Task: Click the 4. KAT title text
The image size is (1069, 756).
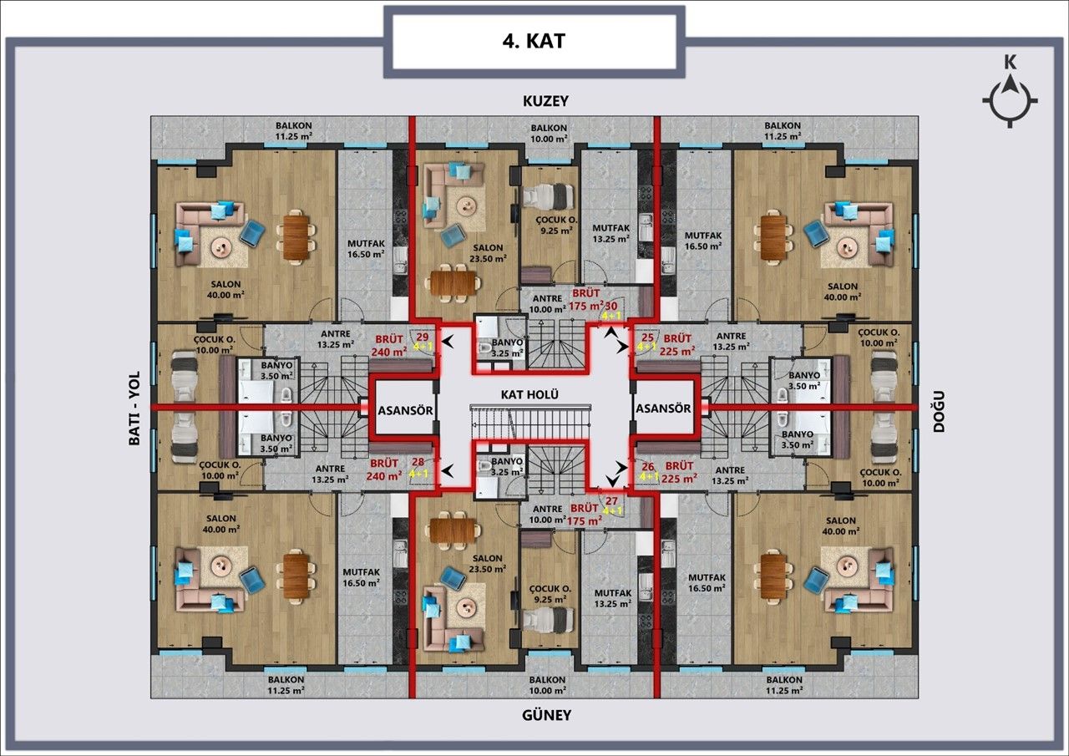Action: (x=534, y=41)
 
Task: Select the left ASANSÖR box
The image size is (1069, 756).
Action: (x=404, y=409)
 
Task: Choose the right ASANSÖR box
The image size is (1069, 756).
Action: (x=663, y=408)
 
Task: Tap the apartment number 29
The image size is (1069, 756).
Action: (x=422, y=337)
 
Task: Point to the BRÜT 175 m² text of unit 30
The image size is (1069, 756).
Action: (x=587, y=300)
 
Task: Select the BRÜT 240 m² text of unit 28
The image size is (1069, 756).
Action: (x=385, y=469)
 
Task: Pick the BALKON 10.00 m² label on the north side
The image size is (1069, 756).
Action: (x=549, y=133)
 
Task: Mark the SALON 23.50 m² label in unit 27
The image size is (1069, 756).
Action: (x=487, y=563)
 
